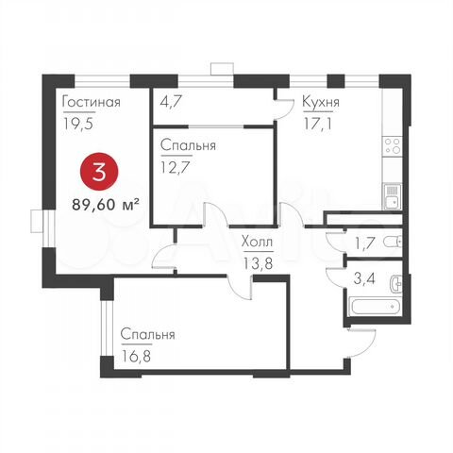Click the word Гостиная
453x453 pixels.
(x=91, y=103)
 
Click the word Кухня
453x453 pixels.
(x=322, y=103)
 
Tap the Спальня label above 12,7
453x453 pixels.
(x=189, y=146)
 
